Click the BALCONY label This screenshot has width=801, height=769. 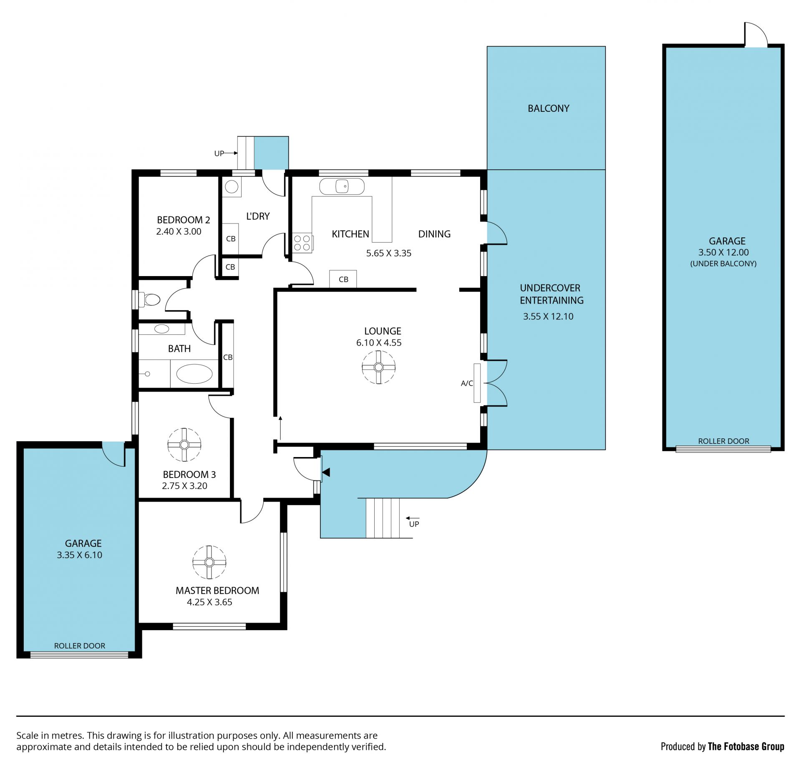pyautogui.click(x=548, y=108)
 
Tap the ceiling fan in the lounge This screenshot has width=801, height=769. pyautogui.click(x=378, y=367)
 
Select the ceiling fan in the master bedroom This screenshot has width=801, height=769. pyautogui.click(x=209, y=563)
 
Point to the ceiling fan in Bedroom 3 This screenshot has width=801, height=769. pyautogui.click(x=184, y=445)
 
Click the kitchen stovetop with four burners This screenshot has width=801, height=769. pyautogui.click(x=302, y=243)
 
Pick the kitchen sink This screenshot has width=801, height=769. pyautogui.click(x=342, y=186)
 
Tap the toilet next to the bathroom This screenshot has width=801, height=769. pyautogui.click(x=150, y=299)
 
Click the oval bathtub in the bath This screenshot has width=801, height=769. pyautogui.click(x=194, y=374)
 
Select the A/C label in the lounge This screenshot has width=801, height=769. pyautogui.click(x=467, y=383)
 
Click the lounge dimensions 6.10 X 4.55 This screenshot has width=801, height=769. pyautogui.click(x=379, y=343)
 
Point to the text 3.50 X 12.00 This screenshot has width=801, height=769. pyautogui.click(x=723, y=252)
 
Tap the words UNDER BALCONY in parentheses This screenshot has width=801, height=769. pyautogui.click(x=723, y=264)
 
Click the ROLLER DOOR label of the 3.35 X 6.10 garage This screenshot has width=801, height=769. pyautogui.click(x=80, y=646)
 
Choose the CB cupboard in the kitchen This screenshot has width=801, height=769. pyautogui.click(x=343, y=279)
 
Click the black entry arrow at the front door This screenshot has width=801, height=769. pyautogui.click(x=326, y=472)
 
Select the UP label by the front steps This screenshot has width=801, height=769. pyautogui.click(x=414, y=524)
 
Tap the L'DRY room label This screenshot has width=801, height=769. pyautogui.click(x=258, y=216)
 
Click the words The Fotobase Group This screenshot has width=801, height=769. pyautogui.click(x=746, y=746)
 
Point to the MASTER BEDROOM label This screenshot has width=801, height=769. pyautogui.click(x=217, y=591)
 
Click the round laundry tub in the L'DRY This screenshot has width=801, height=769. pyautogui.click(x=231, y=186)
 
